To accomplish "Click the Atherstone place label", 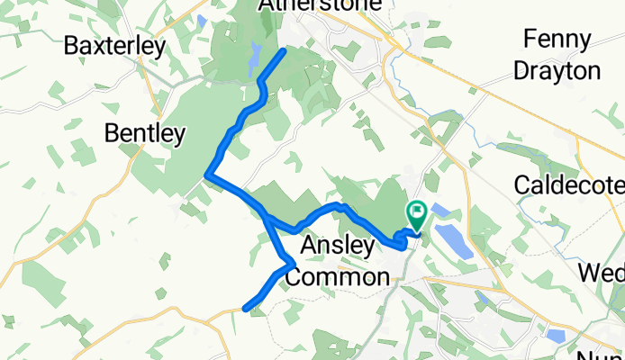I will (x=306, y=6).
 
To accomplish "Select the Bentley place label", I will (x=145, y=134).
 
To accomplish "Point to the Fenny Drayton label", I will (x=566, y=56).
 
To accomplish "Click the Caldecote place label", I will (x=568, y=185).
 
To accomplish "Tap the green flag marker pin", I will (x=417, y=215).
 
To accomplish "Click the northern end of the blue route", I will (x=285, y=50).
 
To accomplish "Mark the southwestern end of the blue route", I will (x=246, y=309).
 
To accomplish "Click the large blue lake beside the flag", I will (x=453, y=238).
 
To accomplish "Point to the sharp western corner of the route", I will (x=208, y=175).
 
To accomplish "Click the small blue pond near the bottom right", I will (x=556, y=335).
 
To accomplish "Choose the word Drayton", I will (x=566, y=71).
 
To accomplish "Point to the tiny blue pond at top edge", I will (x=201, y=19).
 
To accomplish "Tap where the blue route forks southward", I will (x=266, y=216).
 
